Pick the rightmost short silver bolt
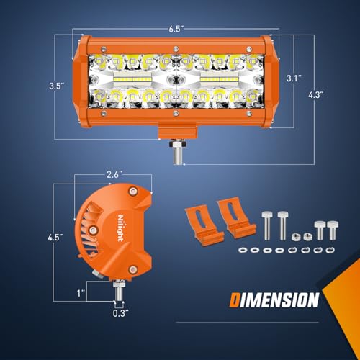pos(332,229)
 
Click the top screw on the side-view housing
pos(132,190)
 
